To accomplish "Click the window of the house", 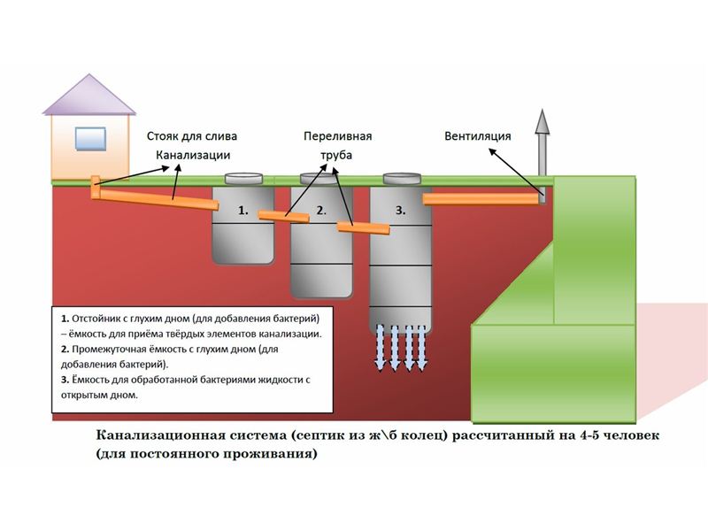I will coord(90,138).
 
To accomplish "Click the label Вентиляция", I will coord(478,137).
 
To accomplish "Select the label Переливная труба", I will coord(337,146).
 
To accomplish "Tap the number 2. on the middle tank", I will coord(322,212).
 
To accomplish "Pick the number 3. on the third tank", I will coord(400,212).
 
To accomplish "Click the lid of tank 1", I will coord(244,178).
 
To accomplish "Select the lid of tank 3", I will coord(401,178).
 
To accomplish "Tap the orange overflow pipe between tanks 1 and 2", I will coord(283,217).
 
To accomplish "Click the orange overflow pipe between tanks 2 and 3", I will coord(363,228).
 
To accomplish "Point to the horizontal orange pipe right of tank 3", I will coord(481,199).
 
